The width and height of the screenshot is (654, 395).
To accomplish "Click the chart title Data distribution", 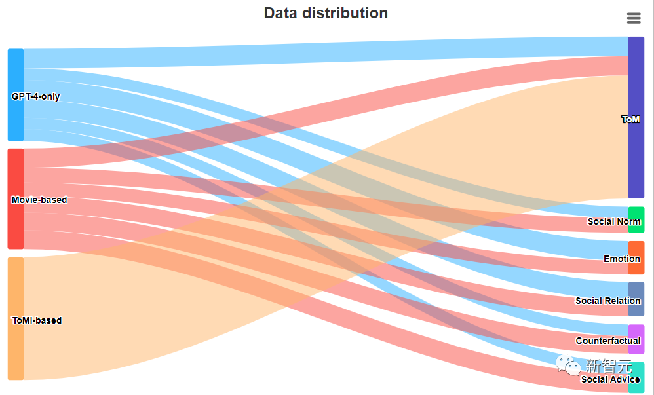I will tap(326, 13).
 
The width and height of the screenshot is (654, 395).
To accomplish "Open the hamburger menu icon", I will tap(634, 18).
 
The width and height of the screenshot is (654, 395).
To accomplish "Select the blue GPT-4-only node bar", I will tap(16, 72).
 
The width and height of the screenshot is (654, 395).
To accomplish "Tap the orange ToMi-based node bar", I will tap(16, 347).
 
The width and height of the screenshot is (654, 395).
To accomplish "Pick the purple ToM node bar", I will tap(636, 79).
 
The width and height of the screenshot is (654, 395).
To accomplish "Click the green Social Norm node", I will tap(636, 214).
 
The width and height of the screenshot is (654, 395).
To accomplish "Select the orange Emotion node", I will tap(636, 249).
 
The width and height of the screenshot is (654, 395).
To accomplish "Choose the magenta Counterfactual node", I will tap(636, 331).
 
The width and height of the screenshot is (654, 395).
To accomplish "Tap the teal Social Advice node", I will tap(636, 386).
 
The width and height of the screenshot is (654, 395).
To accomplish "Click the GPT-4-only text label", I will tap(35, 96).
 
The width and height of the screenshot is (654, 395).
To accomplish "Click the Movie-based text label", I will tap(39, 200).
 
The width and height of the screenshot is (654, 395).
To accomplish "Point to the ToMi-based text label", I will tap(37, 320).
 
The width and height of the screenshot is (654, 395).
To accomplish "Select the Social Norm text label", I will tap(613, 221).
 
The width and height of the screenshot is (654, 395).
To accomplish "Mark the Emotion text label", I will tap(621, 259).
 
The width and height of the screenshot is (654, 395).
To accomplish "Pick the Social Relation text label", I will tap(607, 301).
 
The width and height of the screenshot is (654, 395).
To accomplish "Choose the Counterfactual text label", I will tap(607, 341).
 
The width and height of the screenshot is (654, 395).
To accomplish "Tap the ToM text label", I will tap(630, 119).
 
